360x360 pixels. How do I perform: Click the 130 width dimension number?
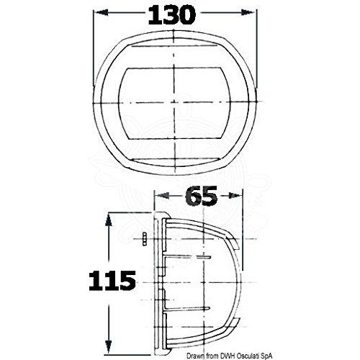[172, 15]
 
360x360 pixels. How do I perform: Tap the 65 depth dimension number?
[202, 196]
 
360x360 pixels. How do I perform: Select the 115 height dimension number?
[112, 281]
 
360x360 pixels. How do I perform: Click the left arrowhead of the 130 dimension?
[100, 13]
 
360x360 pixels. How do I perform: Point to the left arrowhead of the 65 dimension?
[161, 196]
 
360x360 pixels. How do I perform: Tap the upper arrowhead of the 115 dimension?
[109, 220]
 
